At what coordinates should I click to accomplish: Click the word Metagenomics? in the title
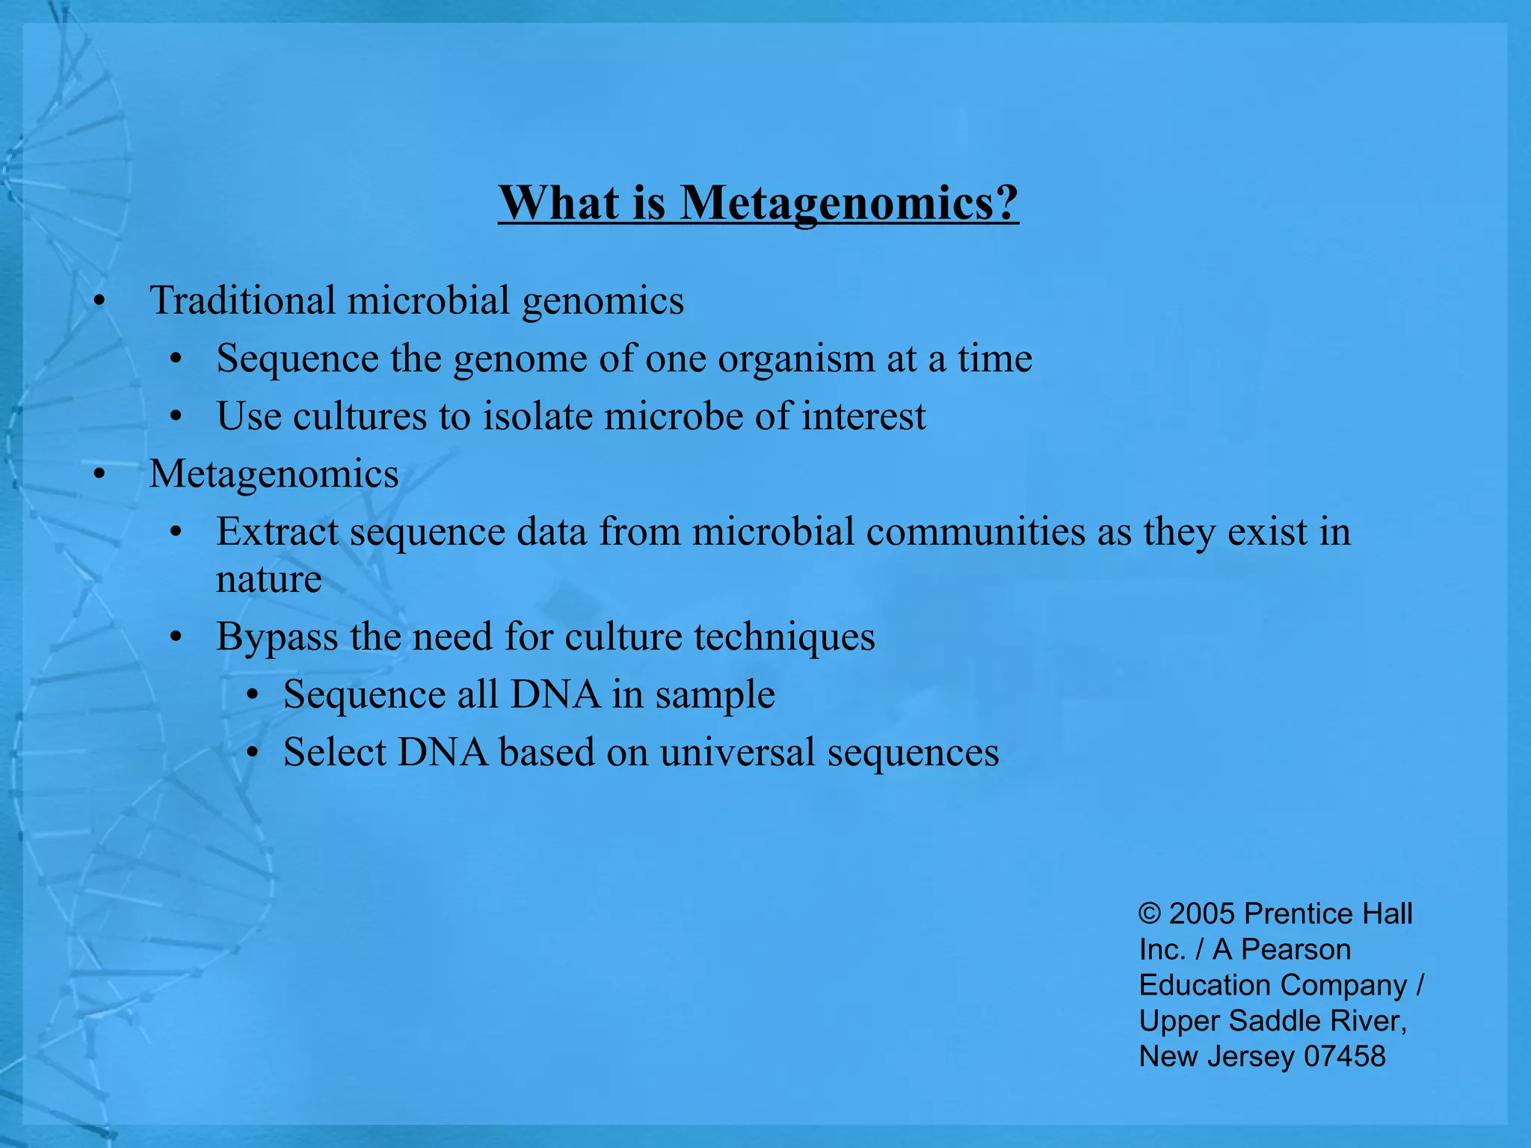tap(848, 203)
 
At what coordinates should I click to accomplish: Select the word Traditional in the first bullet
tap(242, 300)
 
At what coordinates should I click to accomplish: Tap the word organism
tap(796, 359)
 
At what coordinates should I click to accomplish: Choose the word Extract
tap(277, 532)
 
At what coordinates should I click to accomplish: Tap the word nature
tap(268, 579)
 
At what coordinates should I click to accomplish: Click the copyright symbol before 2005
tap(1149, 914)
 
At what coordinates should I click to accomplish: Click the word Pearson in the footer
tap(1296, 950)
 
